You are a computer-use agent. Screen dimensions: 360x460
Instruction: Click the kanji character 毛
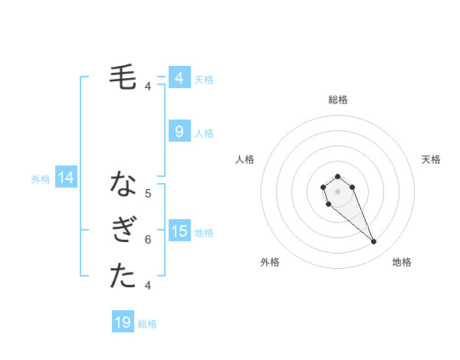pyautogui.click(x=123, y=77)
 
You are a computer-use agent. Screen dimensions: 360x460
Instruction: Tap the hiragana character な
pyautogui.click(x=123, y=185)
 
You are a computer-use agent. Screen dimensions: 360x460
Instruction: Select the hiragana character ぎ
pyautogui.click(x=123, y=231)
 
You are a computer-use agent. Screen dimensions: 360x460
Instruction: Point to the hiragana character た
pyautogui.click(x=123, y=277)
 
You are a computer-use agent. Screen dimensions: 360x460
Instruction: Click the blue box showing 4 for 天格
pyautogui.click(x=179, y=78)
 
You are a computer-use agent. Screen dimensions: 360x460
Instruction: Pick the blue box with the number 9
pyautogui.click(x=179, y=132)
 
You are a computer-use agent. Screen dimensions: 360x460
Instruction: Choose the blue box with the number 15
pyautogui.click(x=179, y=231)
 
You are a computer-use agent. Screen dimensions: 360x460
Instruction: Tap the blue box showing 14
pyautogui.click(x=66, y=178)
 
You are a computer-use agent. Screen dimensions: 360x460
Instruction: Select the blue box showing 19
pyautogui.click(x=123, y=322)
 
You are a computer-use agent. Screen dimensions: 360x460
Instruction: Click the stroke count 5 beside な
pyautogui.click(x=148, y=194)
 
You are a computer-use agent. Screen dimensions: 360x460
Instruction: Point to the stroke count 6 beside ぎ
pyautogui.click(x=148, y=240)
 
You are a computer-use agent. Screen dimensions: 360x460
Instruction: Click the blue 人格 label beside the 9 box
pyautogui.click(x=204, y=133)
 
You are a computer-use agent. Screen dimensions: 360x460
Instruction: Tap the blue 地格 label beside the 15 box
pyautogui.click(x=204, y=232)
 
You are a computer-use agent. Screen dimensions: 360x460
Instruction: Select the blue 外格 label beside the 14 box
pyautogui.click(x=41, y=180)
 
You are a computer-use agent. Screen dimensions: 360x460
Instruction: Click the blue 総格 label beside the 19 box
pyautogui.click(x=147, y=324)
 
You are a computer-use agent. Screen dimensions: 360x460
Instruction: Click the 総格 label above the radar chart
pyautogui.click(x=337, y=100)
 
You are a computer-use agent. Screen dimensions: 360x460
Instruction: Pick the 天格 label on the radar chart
pyautogui.click(x=431, y=159)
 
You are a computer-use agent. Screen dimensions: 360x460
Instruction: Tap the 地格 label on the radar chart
pyautogui.click(x=402, y=262)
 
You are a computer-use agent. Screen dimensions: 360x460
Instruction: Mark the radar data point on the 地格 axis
pyautogui.click(x=373, y=242)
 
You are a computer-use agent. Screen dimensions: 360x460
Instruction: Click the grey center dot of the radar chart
pyautogui.click(x=337, y=192)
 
